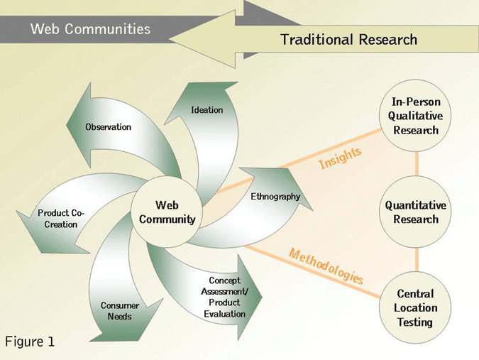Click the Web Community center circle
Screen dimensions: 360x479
[167, 212]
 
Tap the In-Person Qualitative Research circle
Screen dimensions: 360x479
[416, 116]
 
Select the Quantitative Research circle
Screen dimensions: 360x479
[416, 212]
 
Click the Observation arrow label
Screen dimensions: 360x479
[108, 127]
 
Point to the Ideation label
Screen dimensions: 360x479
[207, 110]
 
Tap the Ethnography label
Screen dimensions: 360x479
[275, 197]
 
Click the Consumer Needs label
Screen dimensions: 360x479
[119, 311]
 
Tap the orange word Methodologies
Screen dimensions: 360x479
[326, 266]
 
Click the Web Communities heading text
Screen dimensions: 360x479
[90, 29]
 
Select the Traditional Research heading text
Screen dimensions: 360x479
[348, 40]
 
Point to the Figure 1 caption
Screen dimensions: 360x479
[30, 342]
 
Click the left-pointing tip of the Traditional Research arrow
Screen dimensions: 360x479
[172, 39]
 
